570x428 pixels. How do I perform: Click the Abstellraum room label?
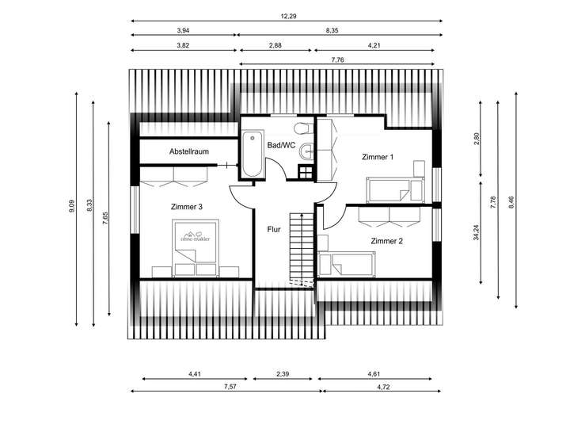point(189,151)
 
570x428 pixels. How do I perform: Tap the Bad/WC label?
point(281,145)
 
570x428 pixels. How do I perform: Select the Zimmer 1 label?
point(378,157)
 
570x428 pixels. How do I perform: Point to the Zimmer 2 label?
point(387,241)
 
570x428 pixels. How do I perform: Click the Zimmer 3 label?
point(187,207)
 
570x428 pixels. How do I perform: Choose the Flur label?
point(274,229)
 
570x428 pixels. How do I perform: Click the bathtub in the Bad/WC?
point(253,154)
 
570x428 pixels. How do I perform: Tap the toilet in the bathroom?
point(303,128)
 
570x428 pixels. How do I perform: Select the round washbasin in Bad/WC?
point(306,151)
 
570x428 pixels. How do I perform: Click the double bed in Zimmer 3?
point(196,247)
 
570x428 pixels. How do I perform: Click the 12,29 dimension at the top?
point(288,17)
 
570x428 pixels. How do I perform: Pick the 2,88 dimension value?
point(275,45)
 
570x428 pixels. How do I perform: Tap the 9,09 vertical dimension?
point(71,206)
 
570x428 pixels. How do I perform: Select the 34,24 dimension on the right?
point(477,232)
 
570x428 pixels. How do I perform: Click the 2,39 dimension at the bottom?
point(283,374)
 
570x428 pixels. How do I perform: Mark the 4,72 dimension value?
point(383,387)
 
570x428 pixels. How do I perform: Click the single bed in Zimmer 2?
point(347,264)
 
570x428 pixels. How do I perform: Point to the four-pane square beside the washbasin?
point(306,172)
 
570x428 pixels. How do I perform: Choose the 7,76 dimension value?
point(338,60)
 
